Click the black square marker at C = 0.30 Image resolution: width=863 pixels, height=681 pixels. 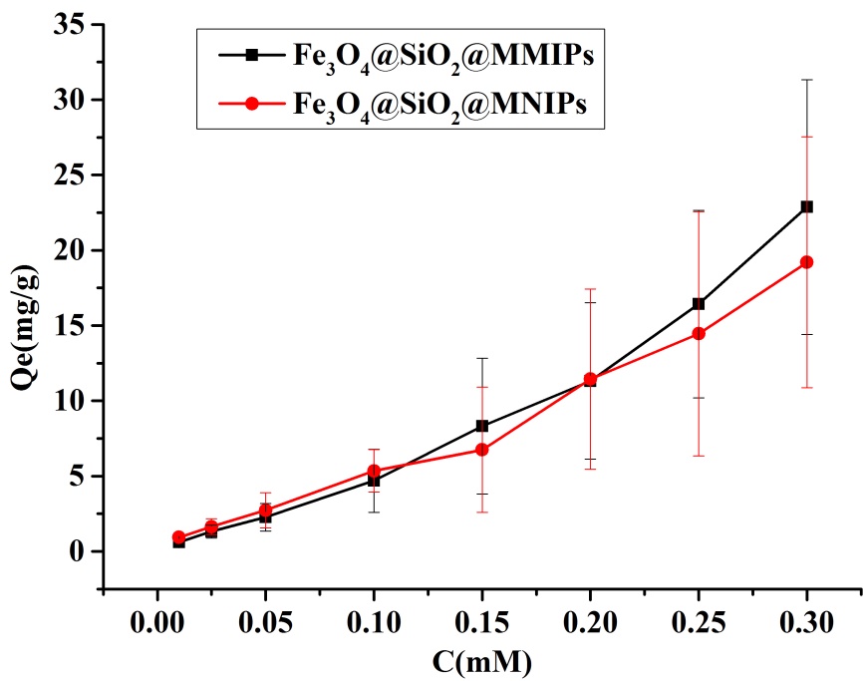[x=807, y=206]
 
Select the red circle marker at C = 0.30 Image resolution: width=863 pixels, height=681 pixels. [x=807, y=262]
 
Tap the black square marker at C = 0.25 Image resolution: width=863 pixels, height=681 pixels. [x=699, y=303]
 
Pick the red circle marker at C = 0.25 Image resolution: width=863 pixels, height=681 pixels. [x=699, y=333]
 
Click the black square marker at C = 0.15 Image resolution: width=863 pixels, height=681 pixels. [x=482, y=426]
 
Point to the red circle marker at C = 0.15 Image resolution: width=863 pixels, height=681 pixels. [x=482, y=450]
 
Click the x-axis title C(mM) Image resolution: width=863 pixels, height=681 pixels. [x=482, y=661]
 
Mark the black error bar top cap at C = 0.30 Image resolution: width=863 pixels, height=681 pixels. [x=807, y=80]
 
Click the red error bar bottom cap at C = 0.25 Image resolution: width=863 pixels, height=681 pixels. [x=699, y=456]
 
